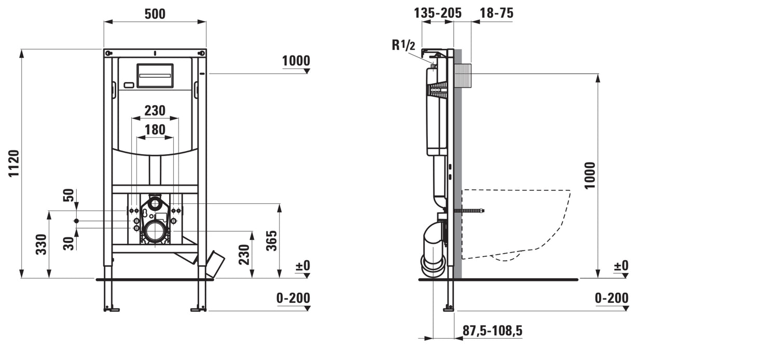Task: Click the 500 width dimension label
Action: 155,14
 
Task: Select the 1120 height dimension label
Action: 13,163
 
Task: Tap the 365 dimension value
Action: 272,241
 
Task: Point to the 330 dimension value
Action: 41,244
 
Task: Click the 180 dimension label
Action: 155,130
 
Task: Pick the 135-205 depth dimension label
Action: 438,13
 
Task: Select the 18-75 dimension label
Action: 497,13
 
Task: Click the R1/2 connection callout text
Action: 403,45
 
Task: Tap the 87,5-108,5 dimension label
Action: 492,330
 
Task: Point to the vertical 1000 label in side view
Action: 590,175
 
